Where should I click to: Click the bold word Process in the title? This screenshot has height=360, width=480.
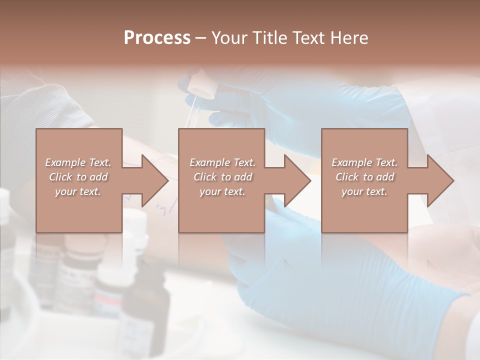pyautogui.click(x=157, y=38)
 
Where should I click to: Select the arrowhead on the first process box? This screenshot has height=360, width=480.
pyautogui.click(x=152, y=180)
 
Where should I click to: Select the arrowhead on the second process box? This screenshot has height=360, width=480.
pyautogui.click(x=295, y=180)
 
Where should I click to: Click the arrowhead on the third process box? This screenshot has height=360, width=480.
pyautogui.click(x=438, y=180)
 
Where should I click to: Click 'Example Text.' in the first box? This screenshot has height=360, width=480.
pyautogui.click(x=78, y=162)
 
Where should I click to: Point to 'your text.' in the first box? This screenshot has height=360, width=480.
pyautogui.click(x=78, y=191)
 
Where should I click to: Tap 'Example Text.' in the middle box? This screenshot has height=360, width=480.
pyautogui.click(x=222, y=162)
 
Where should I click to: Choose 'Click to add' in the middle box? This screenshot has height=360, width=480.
pyautogui.click(x=222, y=177)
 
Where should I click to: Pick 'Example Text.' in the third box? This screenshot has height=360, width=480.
pyautogui.click(x=364, y=162)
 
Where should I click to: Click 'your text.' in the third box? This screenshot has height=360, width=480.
pyautogui.click(x=364, y=191)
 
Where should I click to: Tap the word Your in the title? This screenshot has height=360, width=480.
pyautogui.click(x=229, y=38)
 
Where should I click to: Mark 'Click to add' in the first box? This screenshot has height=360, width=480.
pyautogui.click(x=78, y=177)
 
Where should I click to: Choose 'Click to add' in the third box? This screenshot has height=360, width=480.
pyautogui.click(x=364, y=177)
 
